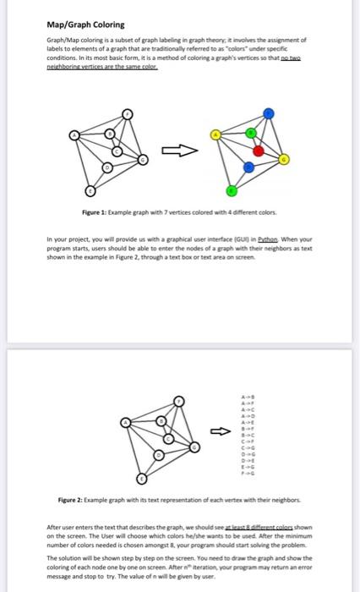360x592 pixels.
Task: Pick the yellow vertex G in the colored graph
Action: [x=284, y=159]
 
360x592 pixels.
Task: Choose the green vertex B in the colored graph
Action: [x=250, y=133]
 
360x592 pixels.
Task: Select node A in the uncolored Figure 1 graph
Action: [x=74, y=134]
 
